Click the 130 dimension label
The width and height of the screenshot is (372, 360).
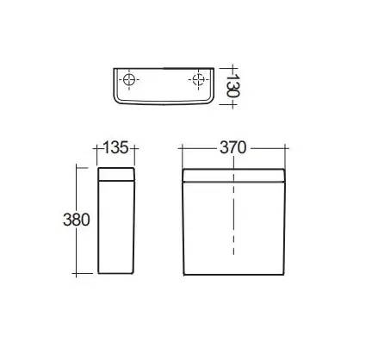coord(232,85)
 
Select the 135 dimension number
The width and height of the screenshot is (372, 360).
coord(115,147)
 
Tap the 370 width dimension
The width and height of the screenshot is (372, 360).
coord(233,147)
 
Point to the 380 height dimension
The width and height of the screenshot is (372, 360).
coord(77,220)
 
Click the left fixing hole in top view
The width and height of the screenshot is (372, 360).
coord(128,79)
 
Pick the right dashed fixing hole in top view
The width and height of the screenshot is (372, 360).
coord(198,79)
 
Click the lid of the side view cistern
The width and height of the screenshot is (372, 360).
coord(116,174)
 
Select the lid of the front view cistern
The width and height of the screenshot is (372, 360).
coord(233,176)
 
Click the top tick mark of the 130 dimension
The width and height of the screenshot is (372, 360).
coord(232,69)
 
